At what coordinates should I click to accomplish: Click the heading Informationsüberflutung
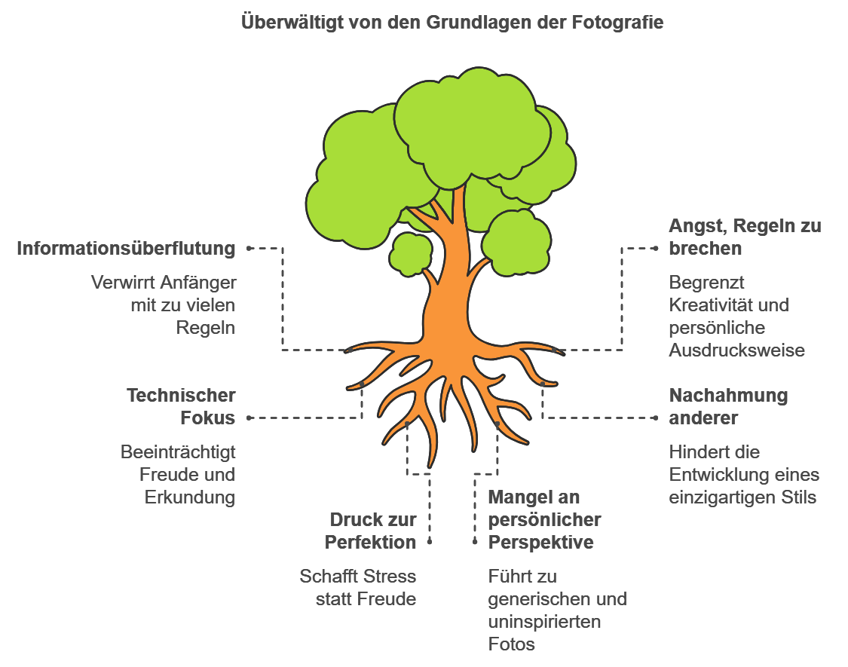126,249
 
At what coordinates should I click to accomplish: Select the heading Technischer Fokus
181,407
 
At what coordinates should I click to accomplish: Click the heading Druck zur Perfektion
370,531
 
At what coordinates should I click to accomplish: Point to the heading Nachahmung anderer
728,407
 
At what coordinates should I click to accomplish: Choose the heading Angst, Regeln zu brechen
745,237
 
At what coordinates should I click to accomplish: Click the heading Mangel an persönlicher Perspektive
544,519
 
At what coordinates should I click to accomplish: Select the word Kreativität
711,305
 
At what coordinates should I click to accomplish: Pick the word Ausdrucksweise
736,350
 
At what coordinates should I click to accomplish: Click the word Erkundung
190,497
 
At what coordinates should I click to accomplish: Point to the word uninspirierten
544,622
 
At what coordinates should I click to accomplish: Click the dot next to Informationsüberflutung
249,249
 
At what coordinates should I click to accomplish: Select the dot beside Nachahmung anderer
656,418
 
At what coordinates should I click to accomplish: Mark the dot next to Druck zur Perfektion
430,541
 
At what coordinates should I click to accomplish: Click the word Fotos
511,644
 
